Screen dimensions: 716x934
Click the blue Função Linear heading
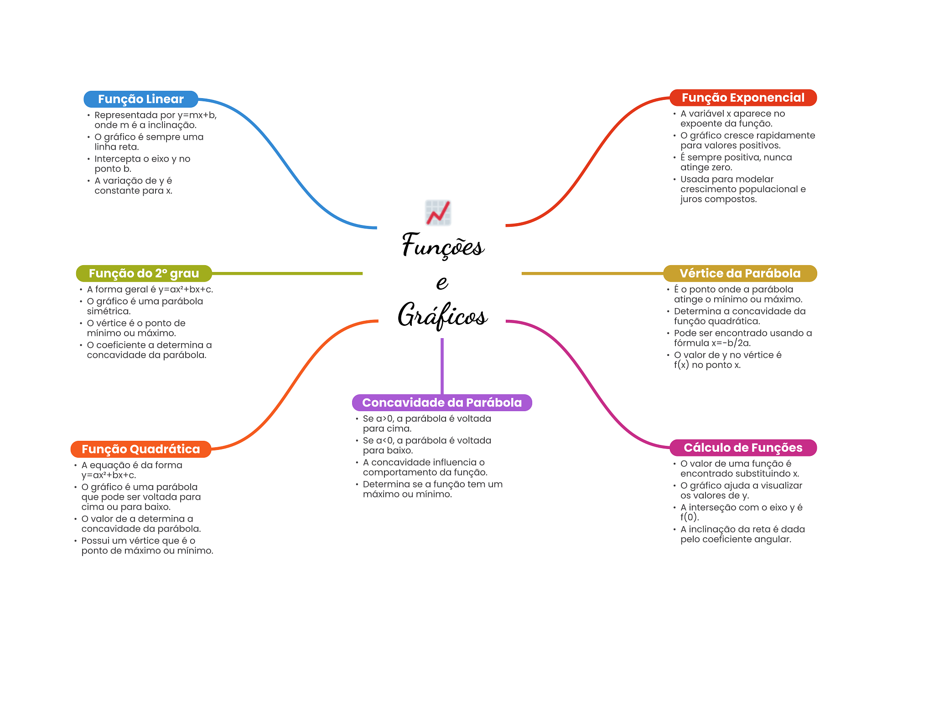tap(140, 99)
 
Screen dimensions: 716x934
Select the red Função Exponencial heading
tap(742, 98)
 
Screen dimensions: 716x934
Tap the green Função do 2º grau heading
tap(144, 273)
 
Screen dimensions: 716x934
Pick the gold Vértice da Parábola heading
tap(740, 273)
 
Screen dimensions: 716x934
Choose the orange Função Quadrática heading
tap(140, 449)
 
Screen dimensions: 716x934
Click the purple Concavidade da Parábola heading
tap(441, 402)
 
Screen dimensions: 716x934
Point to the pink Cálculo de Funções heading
tap(742, 448)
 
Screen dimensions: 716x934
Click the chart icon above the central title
tap(438, 213)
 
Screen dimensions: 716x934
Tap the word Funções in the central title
tap(442, 246)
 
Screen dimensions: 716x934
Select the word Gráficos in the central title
tap(442, 315)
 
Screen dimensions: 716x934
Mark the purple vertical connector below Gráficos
tap(442, 365)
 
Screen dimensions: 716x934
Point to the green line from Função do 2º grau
tap(287, 273)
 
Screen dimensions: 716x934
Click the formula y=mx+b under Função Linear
tap(197, 115)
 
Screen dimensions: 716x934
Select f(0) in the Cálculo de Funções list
tap(689, 517)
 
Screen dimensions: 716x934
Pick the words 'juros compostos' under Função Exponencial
tap(718, 199)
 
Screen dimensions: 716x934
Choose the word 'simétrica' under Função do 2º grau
tap(109, 311)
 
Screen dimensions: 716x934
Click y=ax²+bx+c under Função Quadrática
tap(109, 475)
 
